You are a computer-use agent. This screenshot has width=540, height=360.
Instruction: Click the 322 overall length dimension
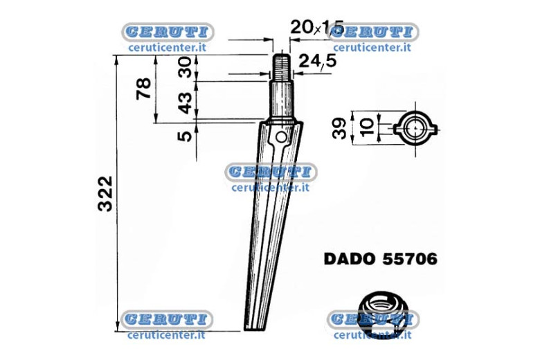[x=105, y=194]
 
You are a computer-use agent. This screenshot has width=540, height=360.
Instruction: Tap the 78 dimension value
[x=143, y=89]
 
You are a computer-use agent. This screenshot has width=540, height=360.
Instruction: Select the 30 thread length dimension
[x=185, y=67]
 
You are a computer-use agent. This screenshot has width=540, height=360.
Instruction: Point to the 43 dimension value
[x=185, y=103]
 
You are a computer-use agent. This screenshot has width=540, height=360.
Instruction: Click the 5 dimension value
[x=185, y=136]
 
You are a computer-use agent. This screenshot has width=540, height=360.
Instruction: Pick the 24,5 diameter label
[x=318, y=62]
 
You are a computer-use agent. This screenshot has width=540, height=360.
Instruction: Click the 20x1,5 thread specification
[x=317, y=27]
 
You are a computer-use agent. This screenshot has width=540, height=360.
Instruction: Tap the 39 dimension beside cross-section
[x=339, y=128]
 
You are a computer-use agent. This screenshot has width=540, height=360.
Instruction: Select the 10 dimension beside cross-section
[x=367, y=127]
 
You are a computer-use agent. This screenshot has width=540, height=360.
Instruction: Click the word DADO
[x=350, y=259]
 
